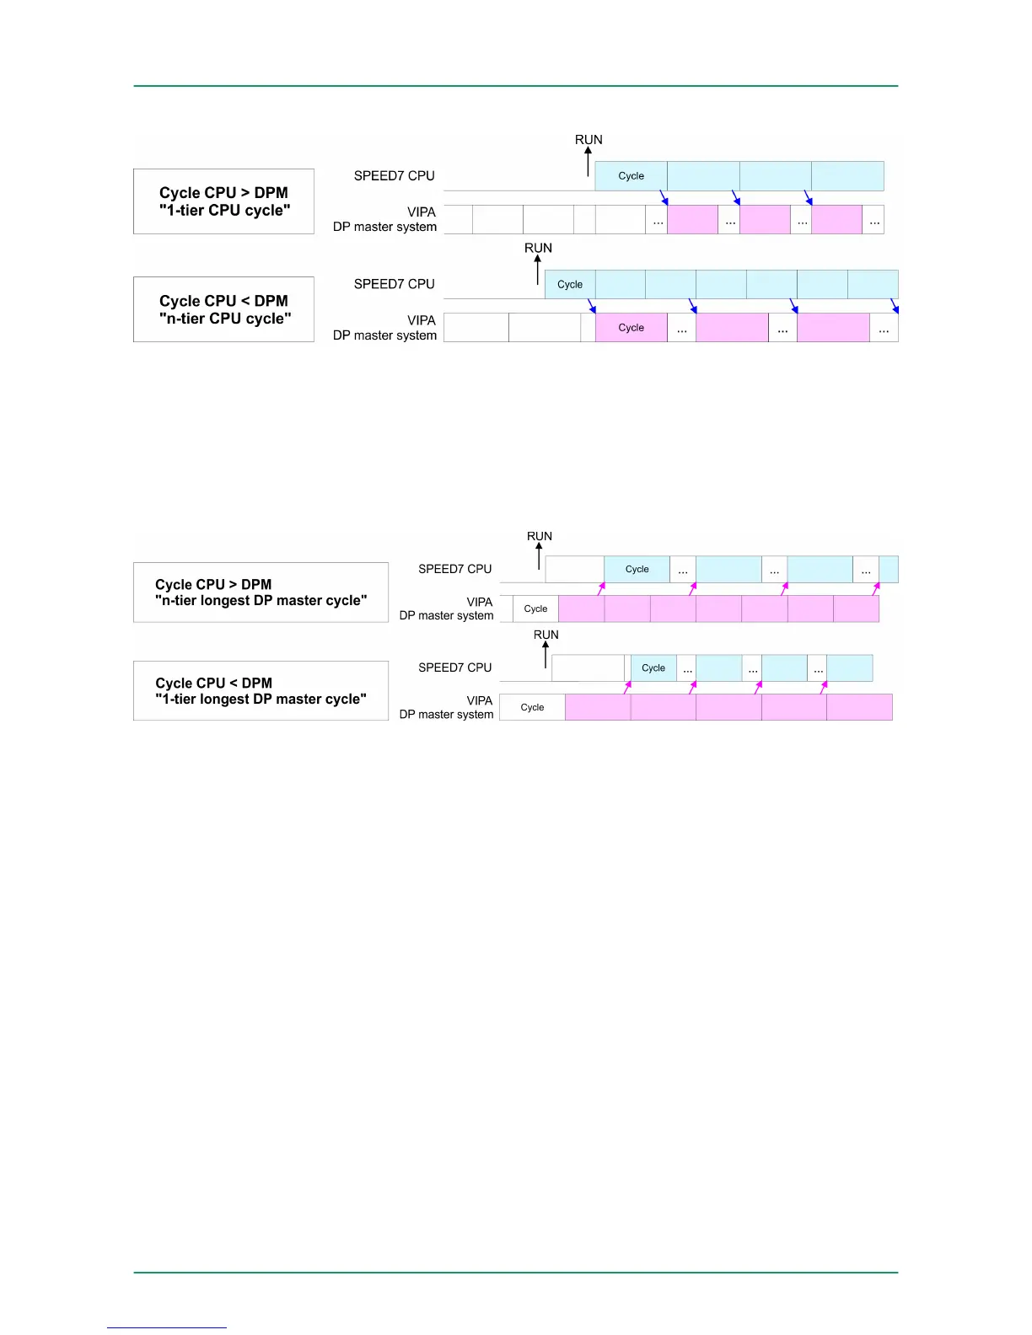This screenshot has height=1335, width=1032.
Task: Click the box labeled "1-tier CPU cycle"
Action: (223, 201)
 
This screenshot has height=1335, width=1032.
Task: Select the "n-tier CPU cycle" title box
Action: (223, 309)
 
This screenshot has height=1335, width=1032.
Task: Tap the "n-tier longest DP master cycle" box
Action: (261, 592)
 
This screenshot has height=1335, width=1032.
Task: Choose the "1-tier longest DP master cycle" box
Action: (261, 691)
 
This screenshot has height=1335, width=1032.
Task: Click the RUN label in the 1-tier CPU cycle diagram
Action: (589, 140)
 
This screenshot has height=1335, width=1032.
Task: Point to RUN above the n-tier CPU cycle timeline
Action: (538, 248)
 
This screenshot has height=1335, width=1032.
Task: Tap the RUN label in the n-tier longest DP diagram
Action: (540, 536)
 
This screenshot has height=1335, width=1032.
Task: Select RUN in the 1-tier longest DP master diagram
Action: (546, 635)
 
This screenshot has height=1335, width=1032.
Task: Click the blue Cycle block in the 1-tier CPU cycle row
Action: (631, 176)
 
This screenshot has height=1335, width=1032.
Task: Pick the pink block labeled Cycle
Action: (631, 328)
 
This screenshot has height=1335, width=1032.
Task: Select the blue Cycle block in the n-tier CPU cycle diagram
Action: (570, 285)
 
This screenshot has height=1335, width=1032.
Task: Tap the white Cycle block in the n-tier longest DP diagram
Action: (535, 609)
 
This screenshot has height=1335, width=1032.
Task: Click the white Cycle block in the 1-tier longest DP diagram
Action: (532, 707)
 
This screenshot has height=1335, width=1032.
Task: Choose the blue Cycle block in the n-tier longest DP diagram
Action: (637, 570)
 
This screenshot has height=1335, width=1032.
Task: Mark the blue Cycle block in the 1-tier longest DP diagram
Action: (653, 668)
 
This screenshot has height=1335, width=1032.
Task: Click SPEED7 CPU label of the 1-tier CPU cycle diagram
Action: (394, 176)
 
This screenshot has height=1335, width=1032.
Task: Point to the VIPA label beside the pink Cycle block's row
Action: (422, 320)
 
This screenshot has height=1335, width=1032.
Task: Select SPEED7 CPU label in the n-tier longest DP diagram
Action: (454, 570)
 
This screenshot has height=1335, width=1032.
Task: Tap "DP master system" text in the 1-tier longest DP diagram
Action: (446, 715)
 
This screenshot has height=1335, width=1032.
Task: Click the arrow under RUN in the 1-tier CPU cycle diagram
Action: (589, 162)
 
